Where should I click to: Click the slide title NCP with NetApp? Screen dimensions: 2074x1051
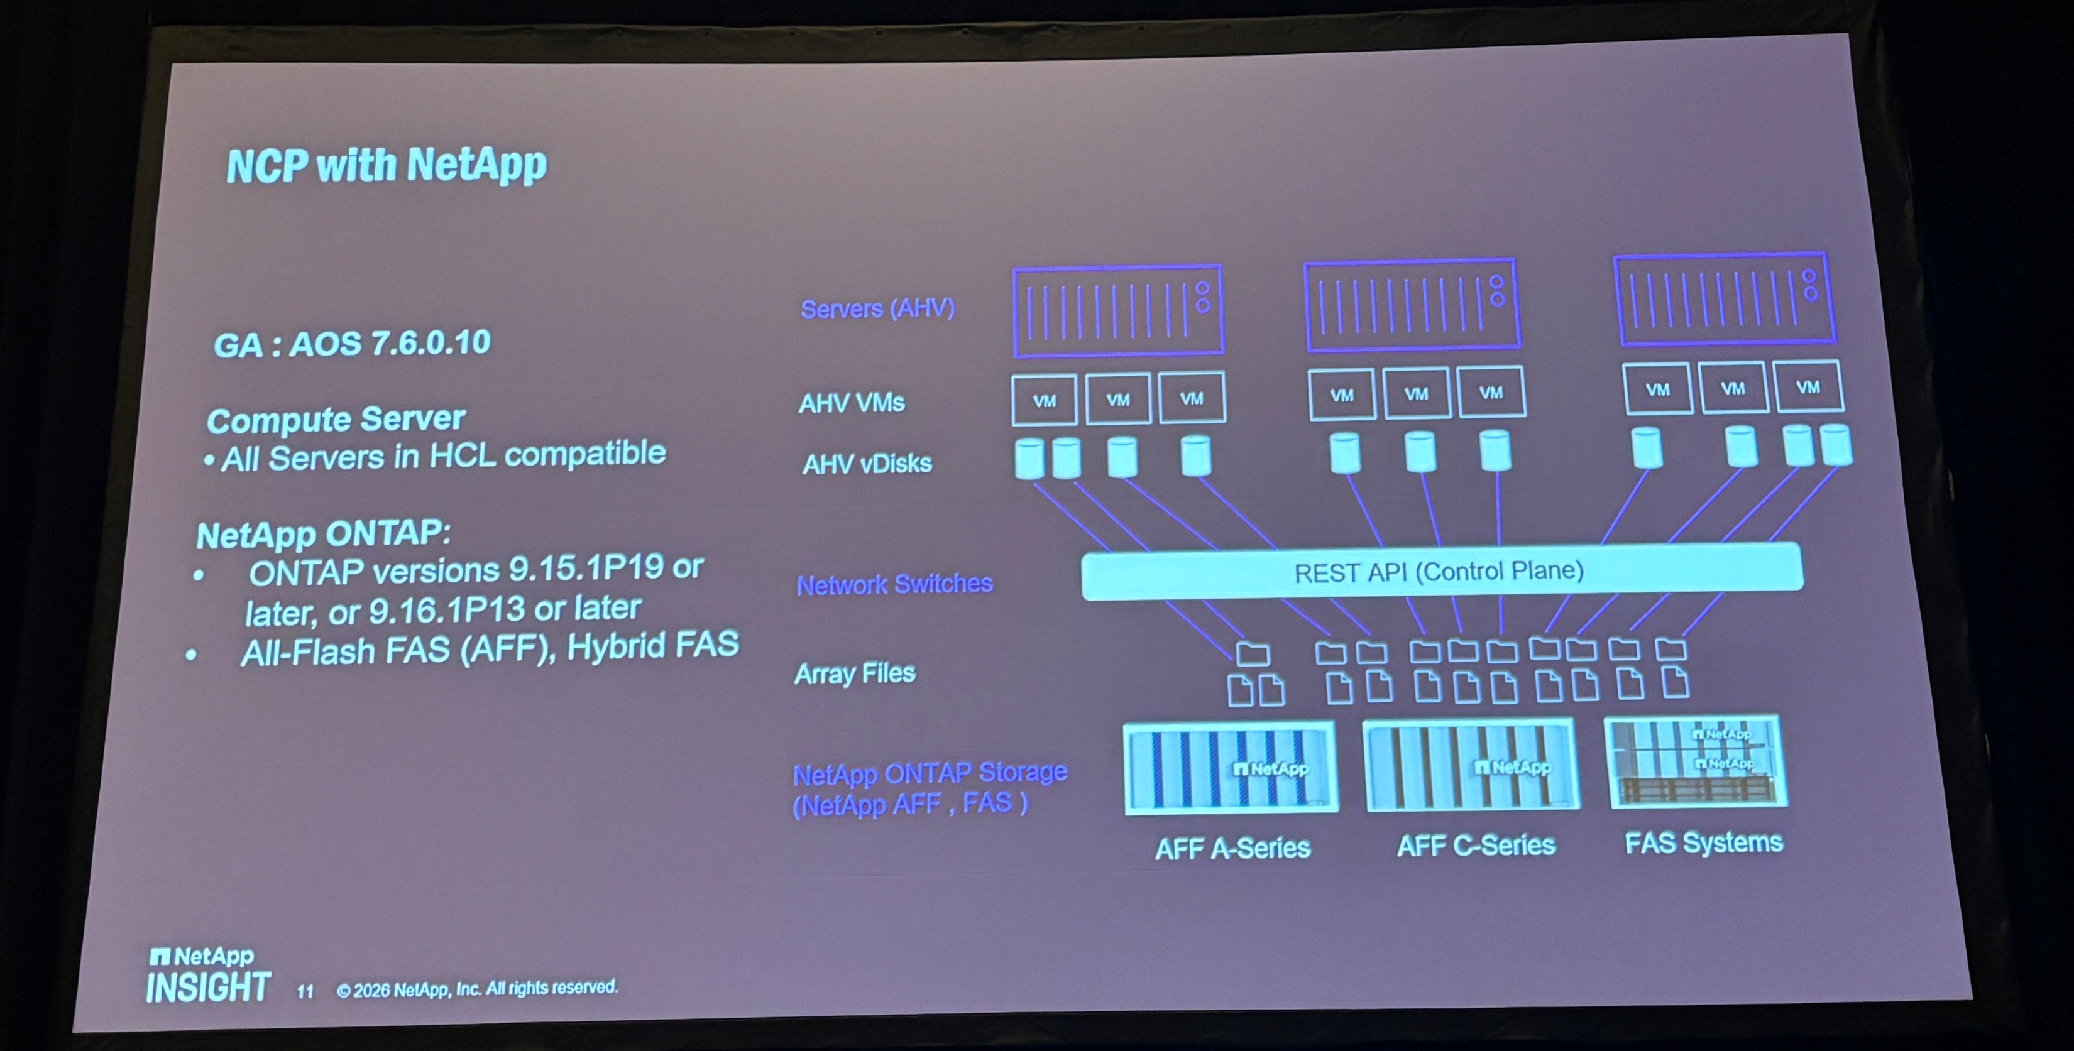[387, 165]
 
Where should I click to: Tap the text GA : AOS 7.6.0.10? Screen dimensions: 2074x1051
[352, 344]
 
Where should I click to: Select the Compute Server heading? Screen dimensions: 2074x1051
[336, 419]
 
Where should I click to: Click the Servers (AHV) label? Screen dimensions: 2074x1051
[877, 308]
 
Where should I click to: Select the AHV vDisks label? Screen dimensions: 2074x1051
[867, 464]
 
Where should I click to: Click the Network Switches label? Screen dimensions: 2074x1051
[894, 584]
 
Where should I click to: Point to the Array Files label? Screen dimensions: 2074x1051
[855, 673]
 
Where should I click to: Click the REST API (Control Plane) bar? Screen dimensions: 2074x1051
[1441, 572]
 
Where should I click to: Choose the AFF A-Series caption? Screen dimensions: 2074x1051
[1232, 848]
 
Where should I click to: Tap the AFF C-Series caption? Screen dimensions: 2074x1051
[1476, 846]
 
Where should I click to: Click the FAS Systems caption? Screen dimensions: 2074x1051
[1704, 842]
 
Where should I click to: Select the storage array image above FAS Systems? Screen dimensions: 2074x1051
[1696, 762]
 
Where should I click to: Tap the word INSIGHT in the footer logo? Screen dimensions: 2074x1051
[208, 988]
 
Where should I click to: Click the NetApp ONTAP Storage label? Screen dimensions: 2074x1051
[930, 788]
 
